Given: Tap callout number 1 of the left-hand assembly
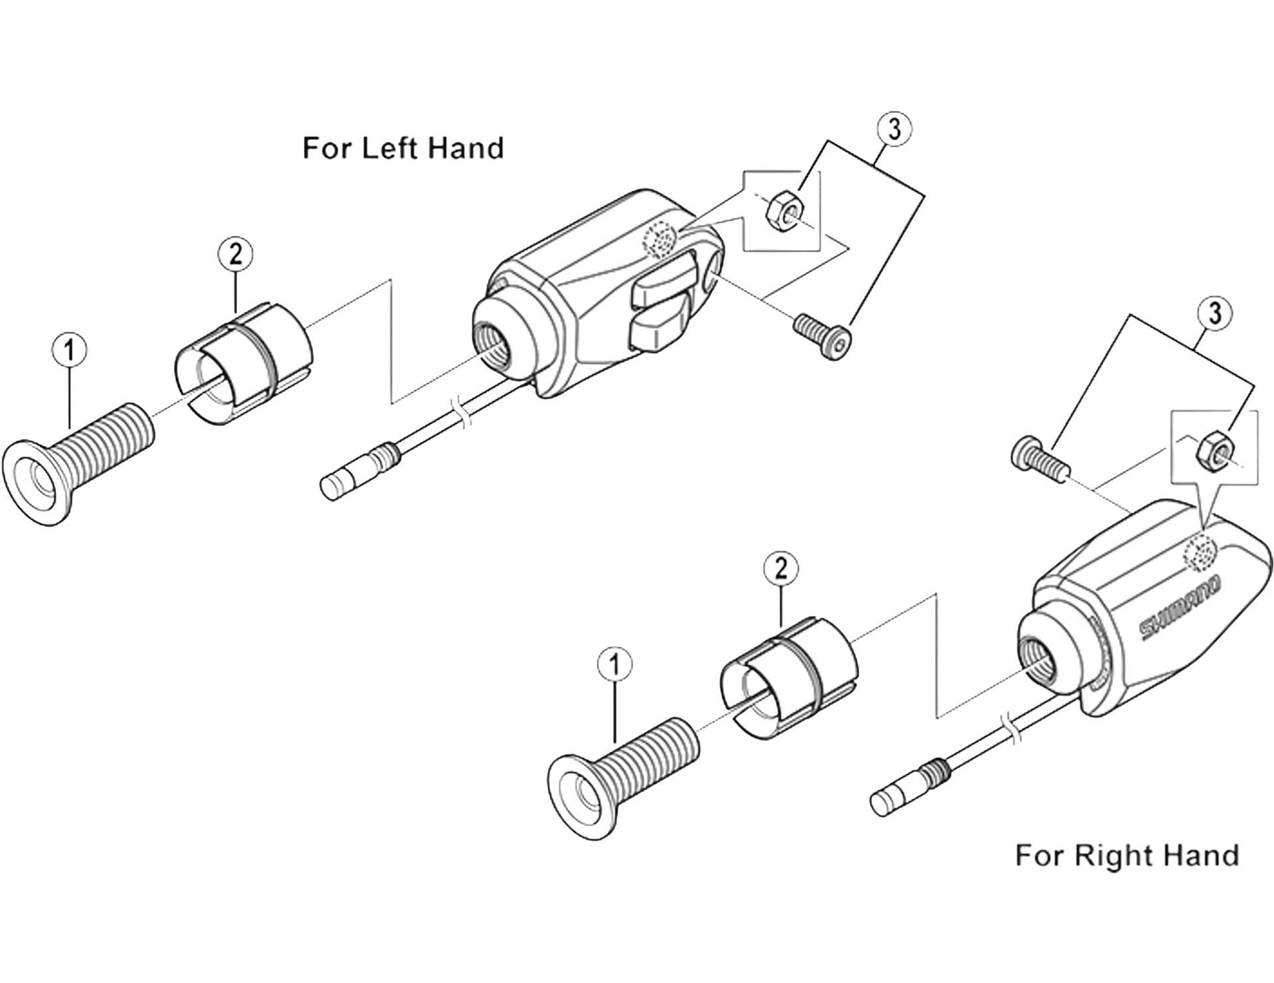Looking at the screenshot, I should pyautogui.click(x=70, y=350).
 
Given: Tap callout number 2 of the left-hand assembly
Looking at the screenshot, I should pyautogui.click(x=236, y=256).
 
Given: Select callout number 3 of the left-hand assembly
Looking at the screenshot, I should pyautogui.click(x=894, y=129).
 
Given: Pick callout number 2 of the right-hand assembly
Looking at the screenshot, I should pyautogui.click(x=781, y=569).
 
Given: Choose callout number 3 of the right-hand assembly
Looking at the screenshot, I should pyautogui.click(x=1214, y=313).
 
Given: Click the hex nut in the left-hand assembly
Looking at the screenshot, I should pyautogui.click(x=784, y=212).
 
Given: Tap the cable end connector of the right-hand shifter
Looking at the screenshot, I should pyautogui.click(x=909, y=786).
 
